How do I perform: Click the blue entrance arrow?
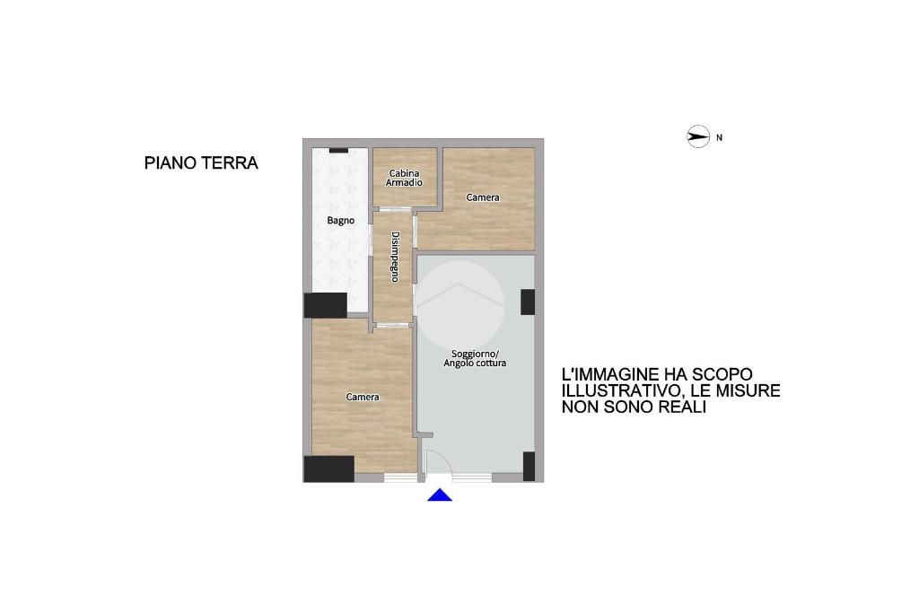(x=440, y=495)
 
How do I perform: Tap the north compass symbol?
(x=698, y=137)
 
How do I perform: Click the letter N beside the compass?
(x=720, y=137)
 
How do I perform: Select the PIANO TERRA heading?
(x=201, y=163)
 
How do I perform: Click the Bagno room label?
(x=340, y=221)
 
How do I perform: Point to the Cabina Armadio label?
(x=405, y=179)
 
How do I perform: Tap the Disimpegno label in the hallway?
(x=396, y=257)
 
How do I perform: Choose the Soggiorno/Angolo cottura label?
(x=475, y=359)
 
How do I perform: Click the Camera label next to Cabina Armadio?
(x=483, y=197)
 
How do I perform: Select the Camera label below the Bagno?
(x=363, y=398)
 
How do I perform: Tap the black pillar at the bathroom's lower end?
(x=326, y=305)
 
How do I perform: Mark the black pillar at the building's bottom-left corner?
(x=328, y=469)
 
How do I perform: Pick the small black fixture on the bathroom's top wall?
(x=338, y=151)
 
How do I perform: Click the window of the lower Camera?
(x=400, y=477)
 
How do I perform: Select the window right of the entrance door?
(x=472, y=477)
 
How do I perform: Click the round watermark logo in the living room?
(x=460, y=305)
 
